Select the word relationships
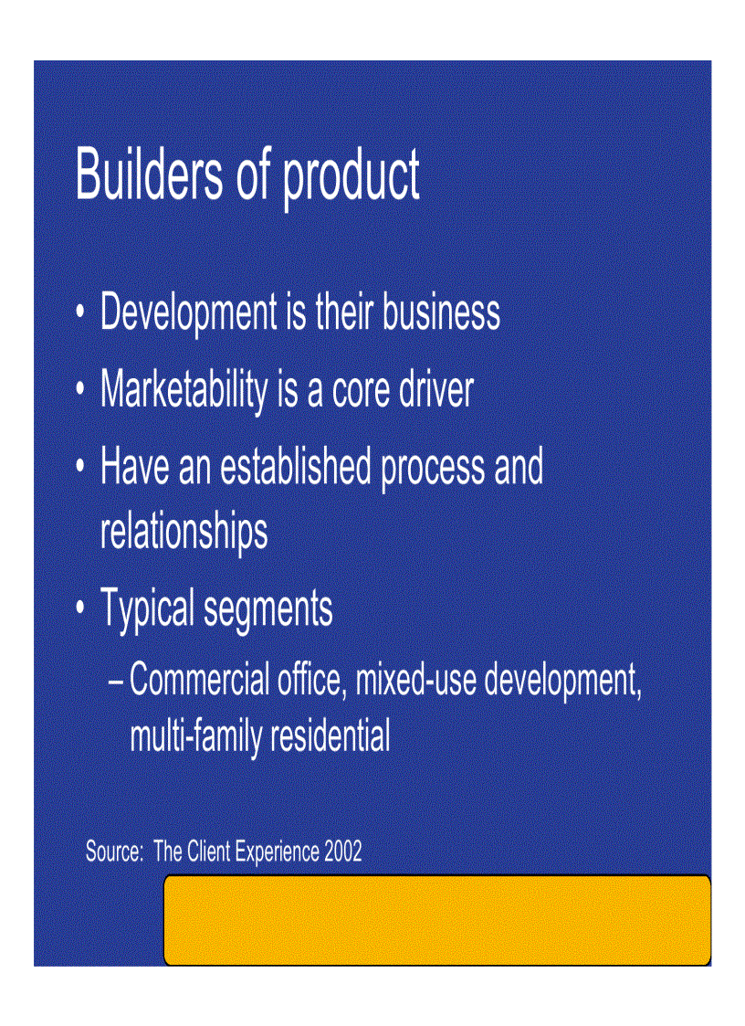click(x=184, y=532)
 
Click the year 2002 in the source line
click(x=342, y=852)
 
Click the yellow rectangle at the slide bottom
click(x=436, y=919)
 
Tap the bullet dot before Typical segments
click(x=82, y=608)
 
